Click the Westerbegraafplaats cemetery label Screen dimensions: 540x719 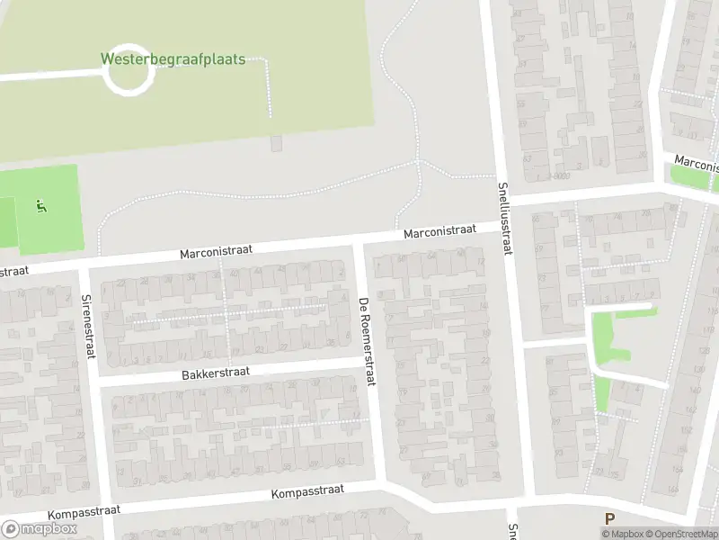point(173,60)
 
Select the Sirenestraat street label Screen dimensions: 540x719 point(87,326)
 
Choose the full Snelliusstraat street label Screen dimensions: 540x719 point(504,220)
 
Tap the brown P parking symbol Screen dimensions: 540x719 point(609,518)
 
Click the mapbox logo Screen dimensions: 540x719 point(40,529)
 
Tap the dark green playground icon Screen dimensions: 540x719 point(40,207)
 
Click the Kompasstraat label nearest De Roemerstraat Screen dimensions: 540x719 point(308,492)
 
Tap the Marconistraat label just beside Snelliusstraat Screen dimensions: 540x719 point(439,231)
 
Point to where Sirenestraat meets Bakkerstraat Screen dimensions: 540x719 point(94,382)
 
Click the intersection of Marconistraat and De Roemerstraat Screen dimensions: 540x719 point(359,240)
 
